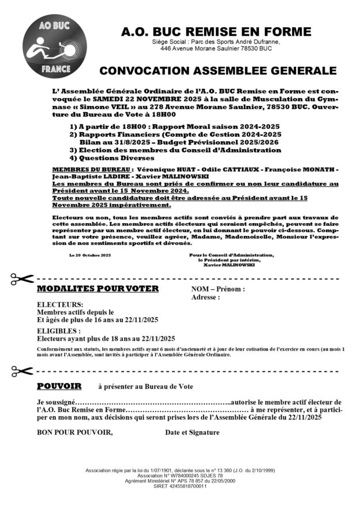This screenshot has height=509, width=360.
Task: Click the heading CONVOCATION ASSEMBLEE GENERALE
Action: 217,71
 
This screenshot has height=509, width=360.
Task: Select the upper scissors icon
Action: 22,279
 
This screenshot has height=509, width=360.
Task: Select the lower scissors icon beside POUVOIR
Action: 22,370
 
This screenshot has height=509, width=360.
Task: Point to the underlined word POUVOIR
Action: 59,385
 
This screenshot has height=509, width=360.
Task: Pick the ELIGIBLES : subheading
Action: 59,331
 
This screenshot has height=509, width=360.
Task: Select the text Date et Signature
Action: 192,432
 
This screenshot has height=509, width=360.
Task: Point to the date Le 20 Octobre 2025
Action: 90,255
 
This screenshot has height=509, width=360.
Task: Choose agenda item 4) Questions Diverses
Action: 104,157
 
